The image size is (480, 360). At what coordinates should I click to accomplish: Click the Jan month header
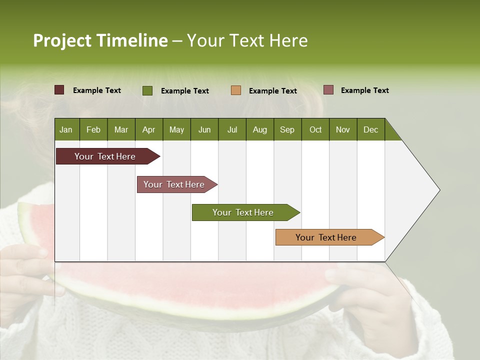[x=66, y=129]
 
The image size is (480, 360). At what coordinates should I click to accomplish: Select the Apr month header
[x=148, y=129]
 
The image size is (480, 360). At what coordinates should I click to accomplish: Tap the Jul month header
[x=232, y=129]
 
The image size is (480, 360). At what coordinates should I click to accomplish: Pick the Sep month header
[x=287, y=129]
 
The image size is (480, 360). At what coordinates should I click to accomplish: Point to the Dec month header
[x=370, y=129]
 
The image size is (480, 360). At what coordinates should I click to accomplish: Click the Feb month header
[x=93, y=129]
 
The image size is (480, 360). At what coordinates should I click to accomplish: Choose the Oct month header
[x=315, y=129]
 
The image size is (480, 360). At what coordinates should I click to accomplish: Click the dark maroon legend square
[x=59, y=90]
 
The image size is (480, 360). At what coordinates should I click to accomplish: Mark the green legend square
[x=147, y=90]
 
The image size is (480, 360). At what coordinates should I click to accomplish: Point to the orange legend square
[x=236, y=90]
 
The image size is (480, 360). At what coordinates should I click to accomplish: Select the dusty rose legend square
[x=328, y=90]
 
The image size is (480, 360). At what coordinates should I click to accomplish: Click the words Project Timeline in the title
[x=100, y=40]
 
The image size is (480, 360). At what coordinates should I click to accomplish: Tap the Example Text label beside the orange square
[x=272, y=91]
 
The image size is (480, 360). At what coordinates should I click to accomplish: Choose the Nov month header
[x=343, y=129]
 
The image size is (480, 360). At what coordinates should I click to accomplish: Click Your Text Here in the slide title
[x=247, y=40]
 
